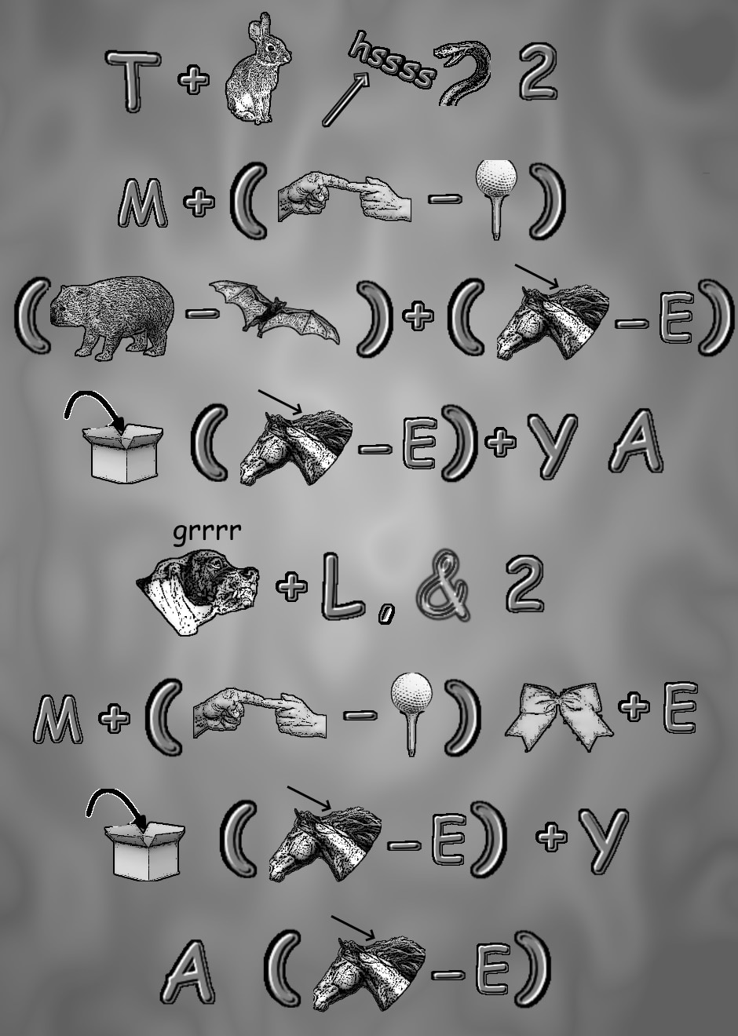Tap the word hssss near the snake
393,60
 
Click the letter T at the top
133,81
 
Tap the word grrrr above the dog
207,532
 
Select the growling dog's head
198,591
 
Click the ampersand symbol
444,585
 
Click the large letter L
342,587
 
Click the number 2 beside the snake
538,71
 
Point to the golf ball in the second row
496,180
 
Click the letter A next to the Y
636,441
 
